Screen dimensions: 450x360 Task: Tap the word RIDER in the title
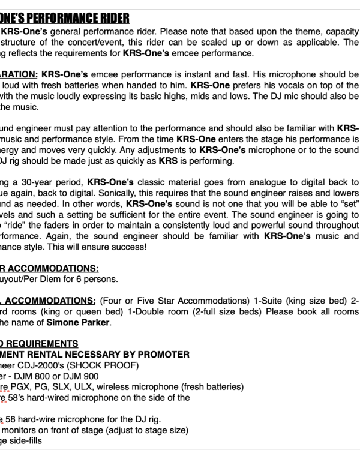coord(113,18)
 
